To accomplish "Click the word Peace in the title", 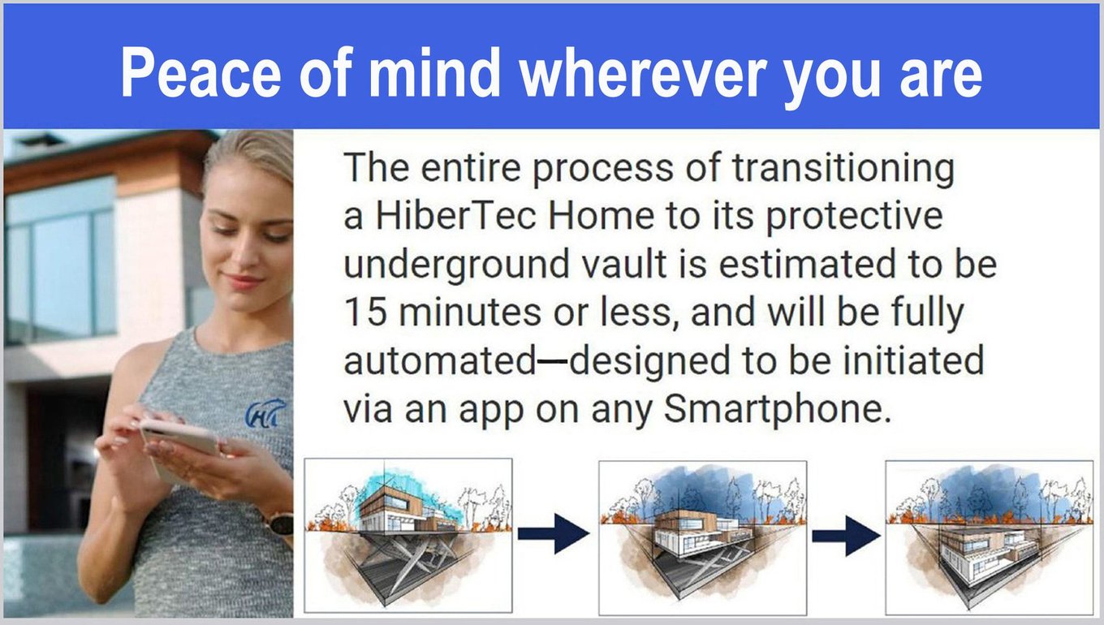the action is click(201, 72).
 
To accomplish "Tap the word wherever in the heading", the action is click(643, 72).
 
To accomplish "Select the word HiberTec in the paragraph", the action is click(456, 216).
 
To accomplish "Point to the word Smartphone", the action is click(778, 410).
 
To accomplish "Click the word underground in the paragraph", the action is click(456, 266).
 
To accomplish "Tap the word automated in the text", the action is click(439, 361).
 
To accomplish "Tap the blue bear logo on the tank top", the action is click(265, 413).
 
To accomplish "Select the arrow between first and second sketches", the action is click(554, 533).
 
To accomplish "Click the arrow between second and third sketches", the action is click(846, 536).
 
